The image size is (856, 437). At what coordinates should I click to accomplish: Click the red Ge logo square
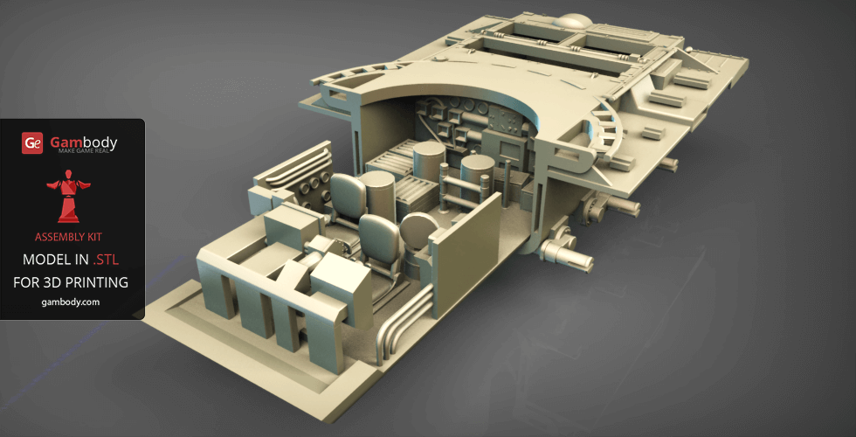[32, 143]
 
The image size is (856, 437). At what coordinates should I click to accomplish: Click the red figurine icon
[68, 196]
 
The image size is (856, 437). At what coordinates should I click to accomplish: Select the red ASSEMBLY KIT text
[68, 237]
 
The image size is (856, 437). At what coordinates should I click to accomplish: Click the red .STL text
[106, 260]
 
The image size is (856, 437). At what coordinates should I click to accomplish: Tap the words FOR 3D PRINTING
[71, 282]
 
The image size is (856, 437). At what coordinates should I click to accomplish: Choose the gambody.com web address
[71, 302]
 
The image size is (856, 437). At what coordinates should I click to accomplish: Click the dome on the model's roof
[571, 21]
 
